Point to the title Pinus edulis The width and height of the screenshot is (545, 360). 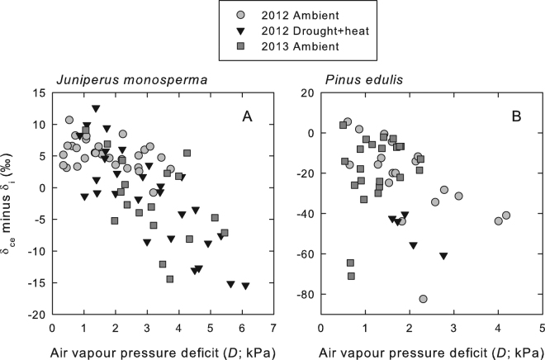[358, 80]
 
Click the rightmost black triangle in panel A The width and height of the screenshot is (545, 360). [245, 286]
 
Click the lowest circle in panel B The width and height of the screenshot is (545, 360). [423, 299]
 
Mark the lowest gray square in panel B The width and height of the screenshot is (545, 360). [351, 277]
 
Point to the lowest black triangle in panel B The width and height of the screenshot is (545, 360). [443, 256]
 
